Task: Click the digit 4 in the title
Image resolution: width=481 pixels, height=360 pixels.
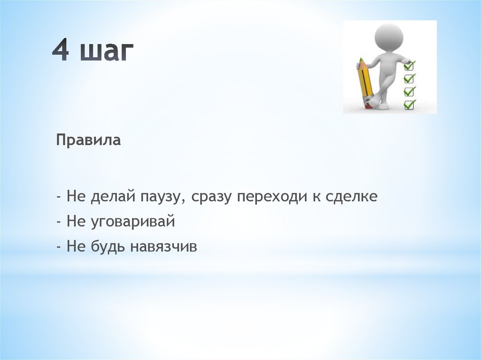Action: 61,50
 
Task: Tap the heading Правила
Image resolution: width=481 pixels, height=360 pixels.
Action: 88,140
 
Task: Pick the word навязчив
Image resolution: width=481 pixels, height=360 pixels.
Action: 163,247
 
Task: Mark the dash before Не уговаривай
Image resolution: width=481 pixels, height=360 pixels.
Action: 59,222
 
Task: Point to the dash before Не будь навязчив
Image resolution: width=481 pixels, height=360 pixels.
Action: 59,246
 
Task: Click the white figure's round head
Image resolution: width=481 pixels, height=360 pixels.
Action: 389,37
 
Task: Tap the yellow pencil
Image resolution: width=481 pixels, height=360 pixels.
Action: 365,82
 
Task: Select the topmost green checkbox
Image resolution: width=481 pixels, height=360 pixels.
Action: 409,66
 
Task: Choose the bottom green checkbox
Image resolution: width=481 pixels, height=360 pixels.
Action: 409,105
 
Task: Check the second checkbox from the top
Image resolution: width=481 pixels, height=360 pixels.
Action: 409,78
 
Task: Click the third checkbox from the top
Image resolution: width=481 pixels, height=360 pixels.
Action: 409,92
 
